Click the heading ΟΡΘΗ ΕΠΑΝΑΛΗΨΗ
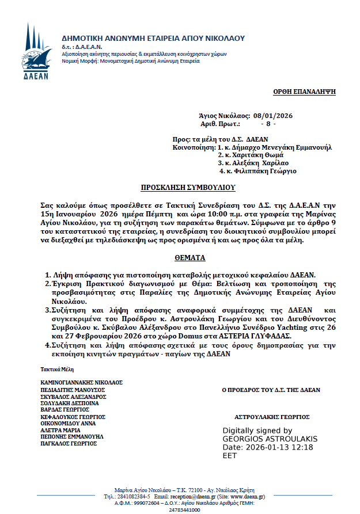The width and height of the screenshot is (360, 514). click(304, 92)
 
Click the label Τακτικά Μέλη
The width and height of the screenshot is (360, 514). click(56, 368)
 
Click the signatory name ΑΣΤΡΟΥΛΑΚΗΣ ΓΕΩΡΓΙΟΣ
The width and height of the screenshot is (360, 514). click(272, 417)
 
